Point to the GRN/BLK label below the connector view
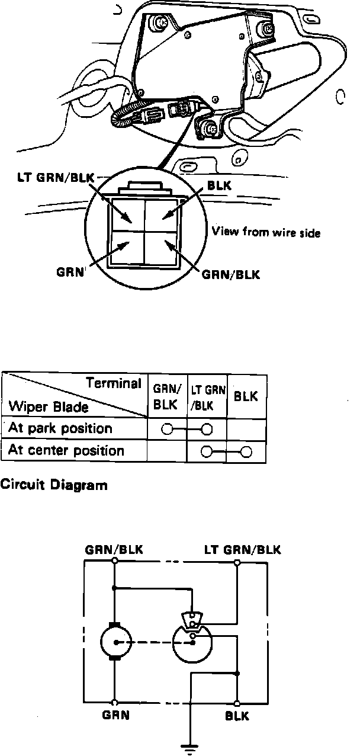point(231,276)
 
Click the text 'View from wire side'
point(266,233)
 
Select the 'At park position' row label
point(60,428)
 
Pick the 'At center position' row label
point(66,451)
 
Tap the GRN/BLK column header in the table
point(166,397)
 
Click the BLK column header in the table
point(246,397)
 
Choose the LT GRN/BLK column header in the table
point(207,397)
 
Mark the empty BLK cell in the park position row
point(246,428)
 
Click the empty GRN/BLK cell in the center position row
point(166,451)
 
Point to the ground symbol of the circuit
point(191,749)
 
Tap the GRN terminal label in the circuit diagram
point(116,715)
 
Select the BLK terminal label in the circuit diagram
point(237,716)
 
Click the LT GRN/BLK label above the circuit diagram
point(242,549)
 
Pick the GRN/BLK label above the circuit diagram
point(113,549)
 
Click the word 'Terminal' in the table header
point(114,382)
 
